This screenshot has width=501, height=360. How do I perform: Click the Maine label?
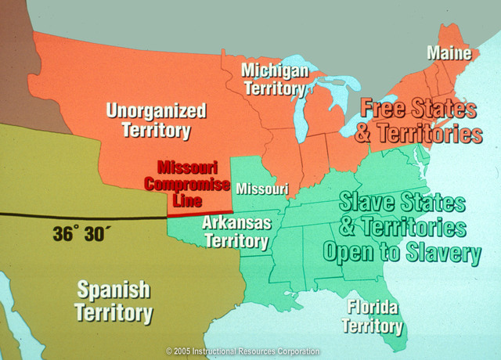449,53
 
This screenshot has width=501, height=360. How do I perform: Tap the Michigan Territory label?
274,79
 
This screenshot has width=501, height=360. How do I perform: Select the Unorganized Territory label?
156,120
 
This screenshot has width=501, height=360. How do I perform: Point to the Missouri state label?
262,189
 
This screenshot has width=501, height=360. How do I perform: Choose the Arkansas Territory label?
236,231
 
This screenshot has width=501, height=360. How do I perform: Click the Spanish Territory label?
114,301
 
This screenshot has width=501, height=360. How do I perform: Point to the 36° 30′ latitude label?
81,233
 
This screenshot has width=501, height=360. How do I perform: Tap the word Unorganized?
156,110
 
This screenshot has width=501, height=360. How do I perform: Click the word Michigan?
274,70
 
